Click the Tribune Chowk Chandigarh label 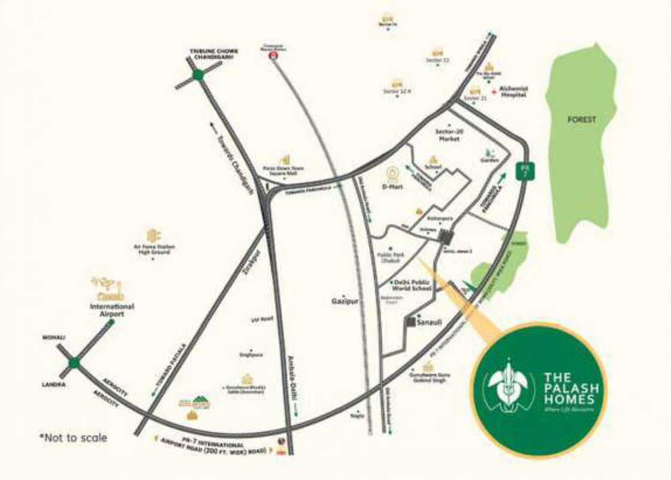point(214,54)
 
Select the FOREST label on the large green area point(582,119)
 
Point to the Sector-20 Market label point(449,134)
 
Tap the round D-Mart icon point(394,174)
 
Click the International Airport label point(112,310)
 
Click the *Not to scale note point(73,437)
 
